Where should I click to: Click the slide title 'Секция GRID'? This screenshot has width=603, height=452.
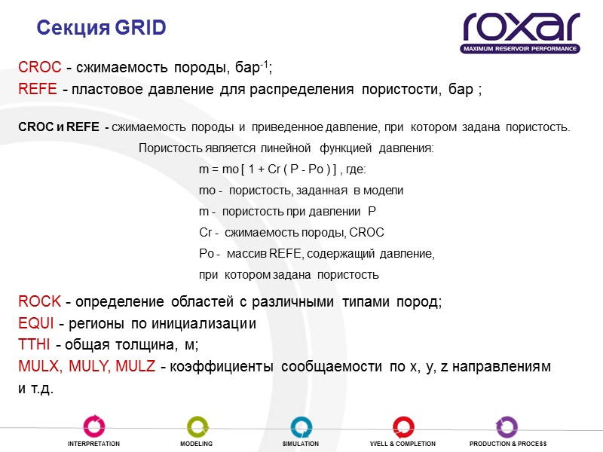pos(101,28)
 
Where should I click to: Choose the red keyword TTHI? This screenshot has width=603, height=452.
pos(33,345)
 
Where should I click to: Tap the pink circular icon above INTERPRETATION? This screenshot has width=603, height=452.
pos(93,426)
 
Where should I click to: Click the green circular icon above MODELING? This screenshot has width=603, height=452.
pos(197,426)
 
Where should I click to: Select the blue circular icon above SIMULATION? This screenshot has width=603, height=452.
pos(300,426)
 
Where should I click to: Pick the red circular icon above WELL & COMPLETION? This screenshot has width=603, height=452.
pos(403,426)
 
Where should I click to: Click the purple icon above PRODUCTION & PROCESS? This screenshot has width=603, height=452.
pos(507,426)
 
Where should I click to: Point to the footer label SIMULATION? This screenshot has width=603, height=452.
pos(300,444)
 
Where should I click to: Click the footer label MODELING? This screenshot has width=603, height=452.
pos(196,444)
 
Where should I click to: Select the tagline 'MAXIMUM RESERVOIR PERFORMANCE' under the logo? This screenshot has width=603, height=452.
pos(521,48)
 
